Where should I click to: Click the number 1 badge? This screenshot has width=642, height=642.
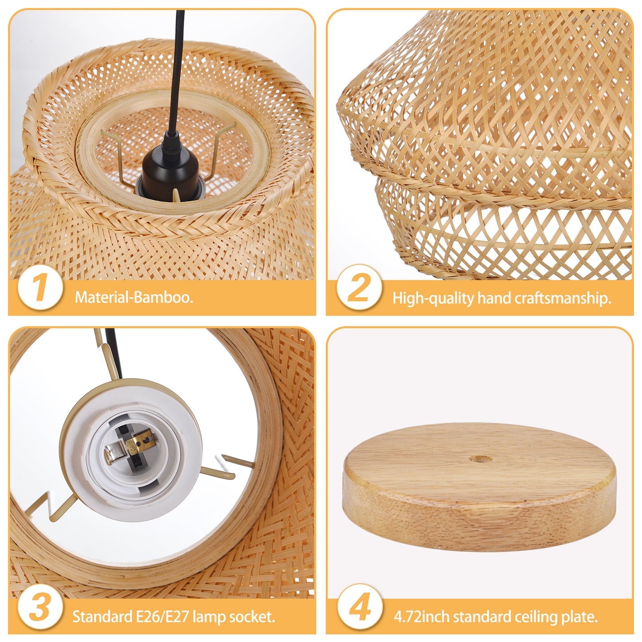pyautogui.click(x=40, y=287)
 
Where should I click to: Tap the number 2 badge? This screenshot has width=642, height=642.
pyautogui.click(x=359, y=287)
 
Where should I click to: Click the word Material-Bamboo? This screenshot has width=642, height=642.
pyautogui.click(x=134, y=297)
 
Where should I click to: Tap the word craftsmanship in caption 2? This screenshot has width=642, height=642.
pyautogui.click(x=563, y=298)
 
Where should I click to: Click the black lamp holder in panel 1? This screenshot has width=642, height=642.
pyautogui.click(x=170, y=172)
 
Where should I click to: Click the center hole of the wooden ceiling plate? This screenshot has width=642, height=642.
pyautogui.click(x=480, y=459)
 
